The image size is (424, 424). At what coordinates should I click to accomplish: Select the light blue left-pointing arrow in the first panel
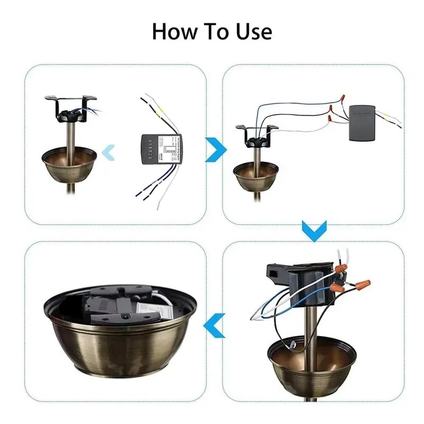click(109, 153)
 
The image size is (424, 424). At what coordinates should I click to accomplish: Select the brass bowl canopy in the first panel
click(70, 164)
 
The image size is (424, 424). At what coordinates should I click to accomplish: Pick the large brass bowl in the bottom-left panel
click(121, 339)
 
